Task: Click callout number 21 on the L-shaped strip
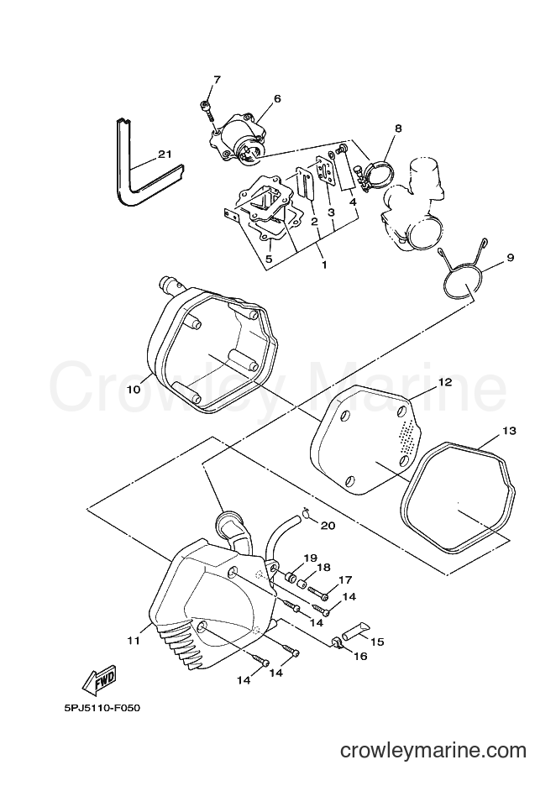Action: [165, 155]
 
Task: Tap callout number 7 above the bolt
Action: [217, 80]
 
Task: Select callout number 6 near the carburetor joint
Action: [277, 98]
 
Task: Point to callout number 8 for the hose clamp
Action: [398, 128]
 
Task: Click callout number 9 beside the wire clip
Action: [511, 258]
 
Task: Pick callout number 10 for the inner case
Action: [134, 389]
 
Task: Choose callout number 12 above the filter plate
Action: [445, 382]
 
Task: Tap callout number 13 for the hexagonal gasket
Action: [509, 431]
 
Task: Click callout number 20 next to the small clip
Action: [328, 526]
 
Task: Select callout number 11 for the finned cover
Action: [133, 640]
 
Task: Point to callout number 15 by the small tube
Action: [377, 641]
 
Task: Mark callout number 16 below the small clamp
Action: [360, 656]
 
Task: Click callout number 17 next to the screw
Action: [345, 581]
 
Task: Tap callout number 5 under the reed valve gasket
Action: [269, 259]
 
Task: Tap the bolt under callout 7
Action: [207, 110]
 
